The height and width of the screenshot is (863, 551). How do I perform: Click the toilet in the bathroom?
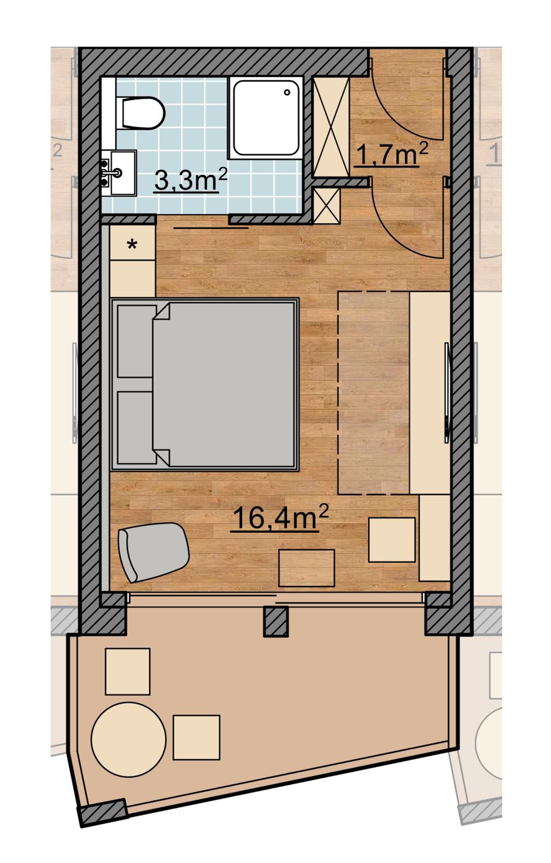(x=140, y=113)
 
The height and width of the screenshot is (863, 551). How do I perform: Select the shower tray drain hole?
(x=287, y=92)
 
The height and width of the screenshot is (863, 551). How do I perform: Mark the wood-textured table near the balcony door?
(x=306, y=568)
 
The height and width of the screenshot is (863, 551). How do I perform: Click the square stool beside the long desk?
(x=392, y=540)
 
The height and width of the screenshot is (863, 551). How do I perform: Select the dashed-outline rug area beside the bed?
(x=374, y=393)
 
